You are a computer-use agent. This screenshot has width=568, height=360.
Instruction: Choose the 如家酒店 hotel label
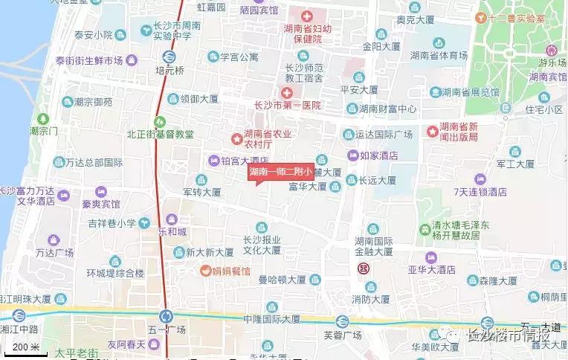pos(378,155)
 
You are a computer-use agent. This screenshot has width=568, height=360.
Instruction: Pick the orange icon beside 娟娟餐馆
pos(203,271)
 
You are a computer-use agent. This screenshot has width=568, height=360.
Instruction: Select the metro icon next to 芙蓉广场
pos(341,321)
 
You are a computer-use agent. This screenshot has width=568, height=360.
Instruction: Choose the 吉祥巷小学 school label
pos(112,222)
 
